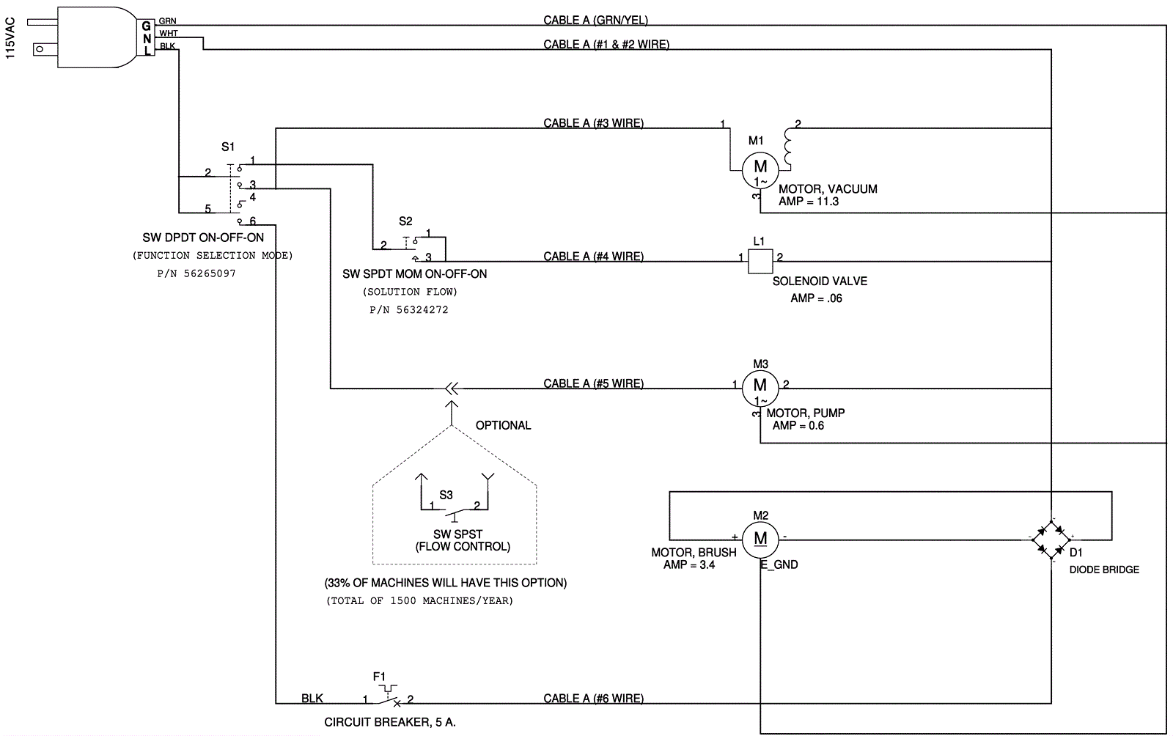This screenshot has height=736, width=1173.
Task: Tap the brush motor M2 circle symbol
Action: [x=760, y=540]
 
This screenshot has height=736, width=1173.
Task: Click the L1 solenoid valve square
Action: [x=760, y=262]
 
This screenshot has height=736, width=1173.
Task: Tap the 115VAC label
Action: [x=10, y=39]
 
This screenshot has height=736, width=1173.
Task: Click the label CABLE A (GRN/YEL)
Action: [x=595, y=21]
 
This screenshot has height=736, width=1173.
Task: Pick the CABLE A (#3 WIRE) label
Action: [x=593, y=123]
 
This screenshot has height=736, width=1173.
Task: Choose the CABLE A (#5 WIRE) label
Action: [x=593, y=383]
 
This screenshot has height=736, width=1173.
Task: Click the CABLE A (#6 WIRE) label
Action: [x=593, y=699]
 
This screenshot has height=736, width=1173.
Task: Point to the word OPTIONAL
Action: [x=503, y=425]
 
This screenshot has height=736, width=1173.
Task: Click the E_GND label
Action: [x=779, y=564]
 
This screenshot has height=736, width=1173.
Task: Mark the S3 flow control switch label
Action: [x=446, y=495]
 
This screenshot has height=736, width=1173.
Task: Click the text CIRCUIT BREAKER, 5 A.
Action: [x=390, y=722]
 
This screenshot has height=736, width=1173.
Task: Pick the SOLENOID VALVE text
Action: [x=820, y=281]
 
